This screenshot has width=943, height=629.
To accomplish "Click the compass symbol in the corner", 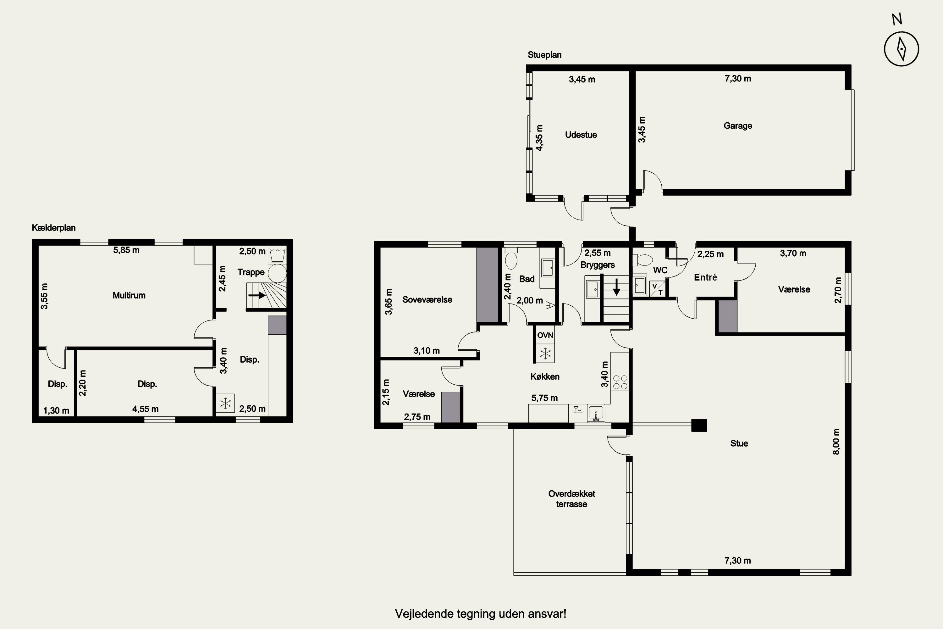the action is click(901, 49).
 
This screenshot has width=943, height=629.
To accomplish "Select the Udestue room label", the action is click(581, 135).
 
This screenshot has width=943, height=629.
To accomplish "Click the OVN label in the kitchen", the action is click(545, 335).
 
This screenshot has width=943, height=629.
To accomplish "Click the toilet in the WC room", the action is click(642, 260).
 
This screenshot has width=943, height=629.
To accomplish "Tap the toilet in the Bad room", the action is click(511, 259).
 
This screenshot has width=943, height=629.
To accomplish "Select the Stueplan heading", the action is click(544, 55).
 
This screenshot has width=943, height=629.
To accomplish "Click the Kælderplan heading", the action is click(54, 228).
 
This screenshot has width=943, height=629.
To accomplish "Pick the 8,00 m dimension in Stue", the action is click(836, 442).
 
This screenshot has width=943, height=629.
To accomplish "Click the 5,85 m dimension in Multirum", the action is click(126, 250).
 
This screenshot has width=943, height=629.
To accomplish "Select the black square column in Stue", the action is click(699, 425).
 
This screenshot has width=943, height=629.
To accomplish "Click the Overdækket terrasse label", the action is click(572, 499).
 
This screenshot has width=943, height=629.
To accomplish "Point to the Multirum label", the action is click(129, 296).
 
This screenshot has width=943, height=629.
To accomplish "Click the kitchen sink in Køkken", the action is click(596, 413).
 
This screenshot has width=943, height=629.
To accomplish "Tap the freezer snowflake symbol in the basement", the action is click(226, 403).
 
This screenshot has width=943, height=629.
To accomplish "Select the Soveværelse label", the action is click(427, 300).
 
